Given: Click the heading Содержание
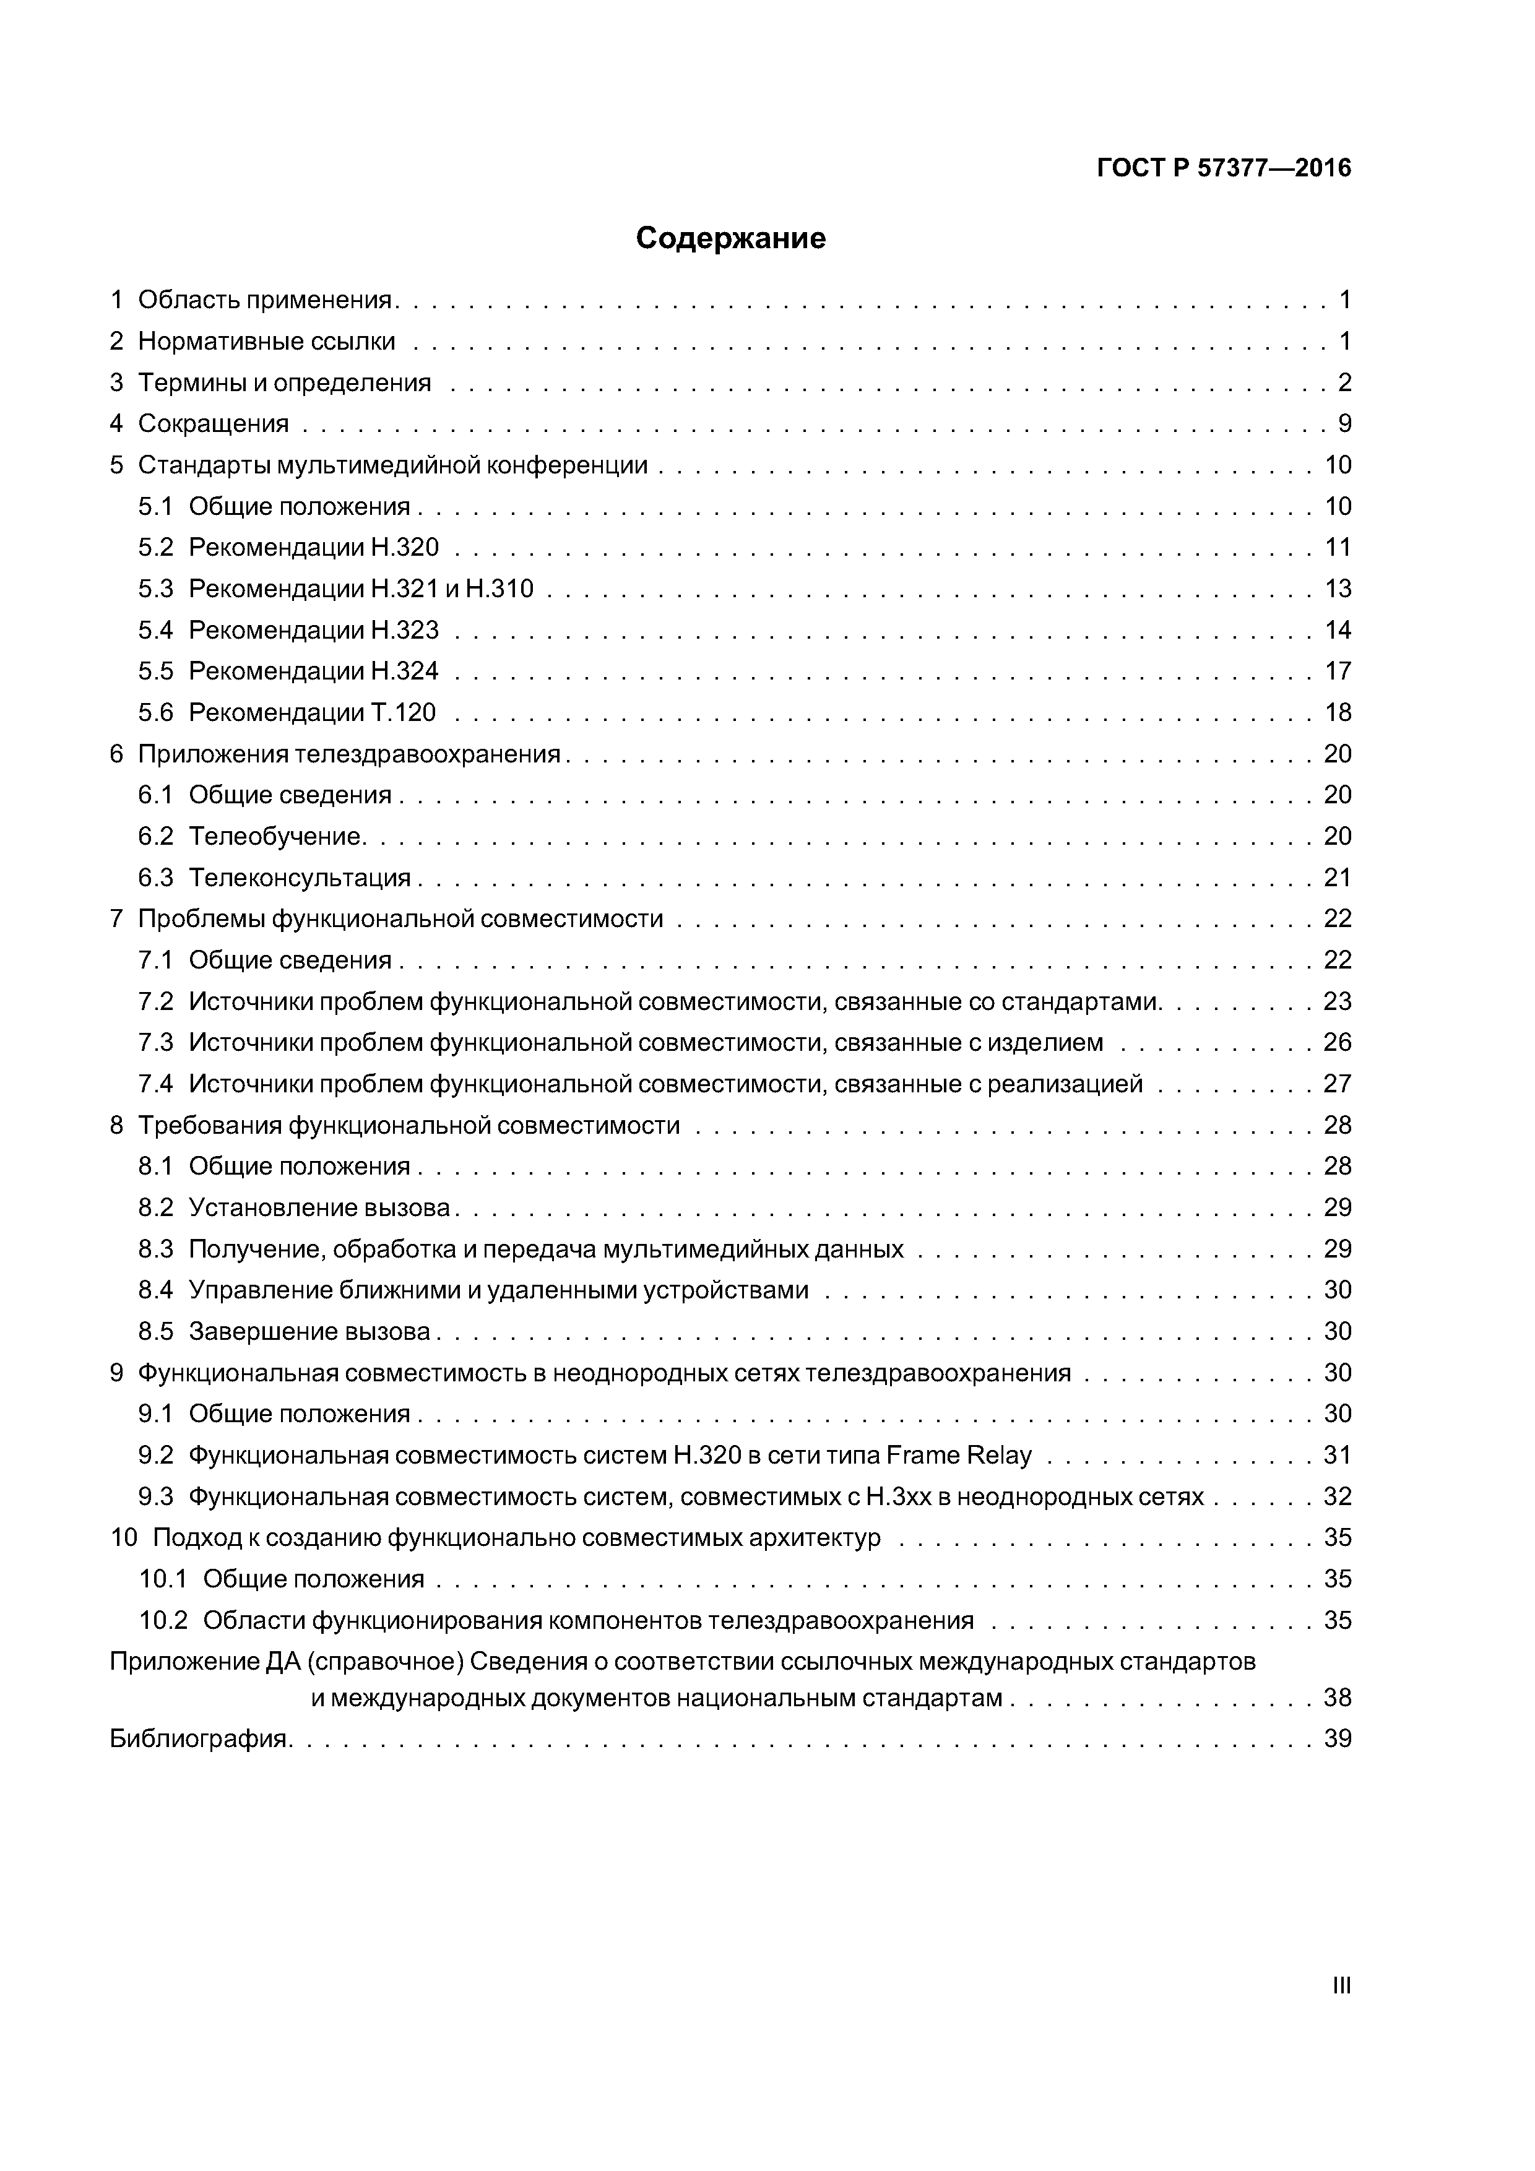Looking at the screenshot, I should coord(730,238).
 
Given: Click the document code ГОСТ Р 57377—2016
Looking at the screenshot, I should coord(1224,168).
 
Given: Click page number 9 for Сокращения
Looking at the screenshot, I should coord(1344,423).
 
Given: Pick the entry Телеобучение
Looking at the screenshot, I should coord(276,836).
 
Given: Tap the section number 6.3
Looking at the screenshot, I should coord(155,878).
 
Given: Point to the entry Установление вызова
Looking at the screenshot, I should coord(319,1207).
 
